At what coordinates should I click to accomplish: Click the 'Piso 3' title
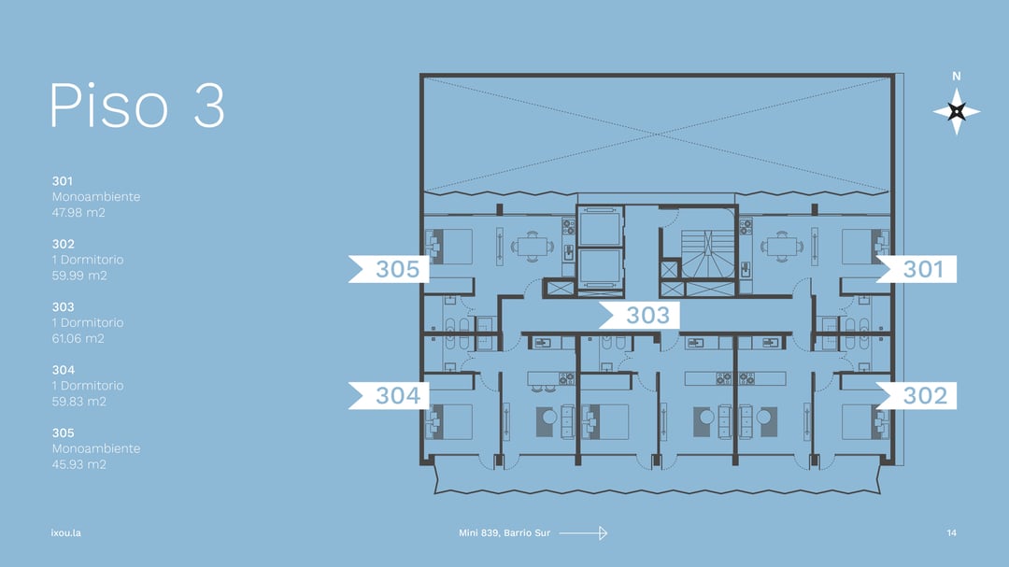coord(137,105)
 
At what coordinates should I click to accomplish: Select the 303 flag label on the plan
coord(639,316)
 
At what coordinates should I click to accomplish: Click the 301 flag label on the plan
coord(917,269)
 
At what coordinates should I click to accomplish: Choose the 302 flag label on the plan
coord(917,395)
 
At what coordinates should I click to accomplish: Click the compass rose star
coord(957,111)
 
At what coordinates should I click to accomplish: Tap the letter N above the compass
coord(957,76)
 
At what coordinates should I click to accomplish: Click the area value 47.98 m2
coord(78,212)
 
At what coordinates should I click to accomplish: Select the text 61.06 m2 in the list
coord(78,338)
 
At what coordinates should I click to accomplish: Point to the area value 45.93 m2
coord(79,464)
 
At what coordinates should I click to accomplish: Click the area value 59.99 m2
coord(79,276)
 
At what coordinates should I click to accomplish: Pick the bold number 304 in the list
coord(64,370)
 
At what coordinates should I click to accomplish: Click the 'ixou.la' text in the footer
coord(65,532)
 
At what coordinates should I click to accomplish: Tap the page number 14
coord(952,532)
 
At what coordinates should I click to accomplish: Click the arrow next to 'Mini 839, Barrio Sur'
coord(583,532)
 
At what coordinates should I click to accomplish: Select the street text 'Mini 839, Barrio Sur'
coord(504,532)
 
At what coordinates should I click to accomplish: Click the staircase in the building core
coord(707,254)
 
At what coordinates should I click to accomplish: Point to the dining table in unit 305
coord(533,246)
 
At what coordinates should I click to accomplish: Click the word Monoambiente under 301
coord(96,197)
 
